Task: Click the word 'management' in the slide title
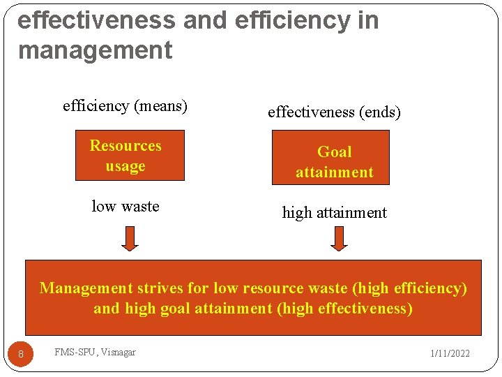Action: [x=95, y=51]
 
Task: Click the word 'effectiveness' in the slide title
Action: [x=96, y=20]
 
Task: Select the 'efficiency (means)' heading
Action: [x=125, y=106]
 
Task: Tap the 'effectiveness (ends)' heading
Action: [x=334, y=112]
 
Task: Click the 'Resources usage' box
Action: [x=130, y=156]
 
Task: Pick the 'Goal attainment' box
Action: [x=335, y=162]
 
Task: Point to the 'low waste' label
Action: [x=125, y=207]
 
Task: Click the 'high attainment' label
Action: [x=334, y=213]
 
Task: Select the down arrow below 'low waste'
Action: [x=130, y=238]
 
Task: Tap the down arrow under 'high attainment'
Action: [x=339, y=238]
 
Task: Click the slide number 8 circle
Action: [x=21, y=355]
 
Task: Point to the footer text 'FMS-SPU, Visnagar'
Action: [x=95, y=352]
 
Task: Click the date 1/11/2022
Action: [x=450, y=353]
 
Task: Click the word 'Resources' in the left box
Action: [x=125, y=146]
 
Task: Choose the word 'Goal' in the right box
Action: [x=335, y=152]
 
